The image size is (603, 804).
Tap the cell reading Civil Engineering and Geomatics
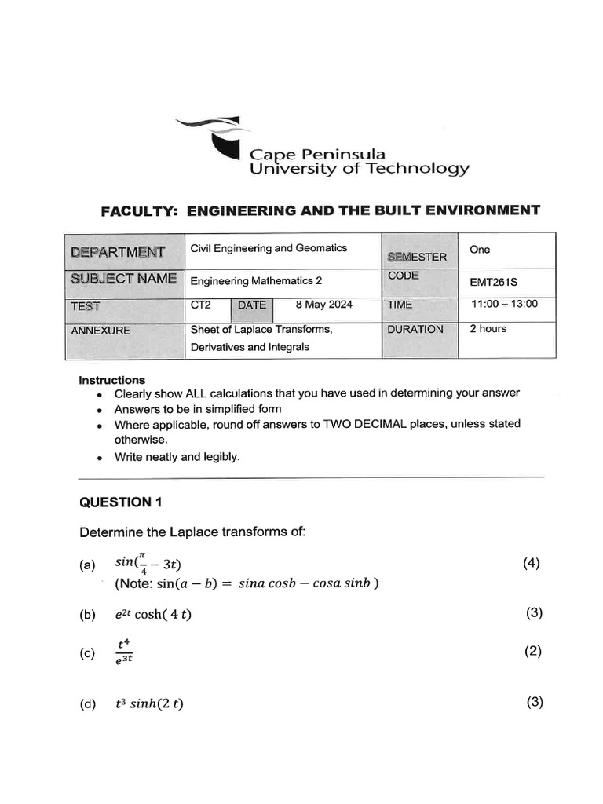(269, 248)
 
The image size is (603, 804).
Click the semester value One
(479, 250)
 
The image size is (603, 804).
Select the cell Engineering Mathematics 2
(256, 280)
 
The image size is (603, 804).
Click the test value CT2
(201, 305)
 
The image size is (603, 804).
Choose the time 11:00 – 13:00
(504, 304)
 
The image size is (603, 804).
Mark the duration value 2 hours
(488, 329)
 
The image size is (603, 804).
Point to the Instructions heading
(111, 380)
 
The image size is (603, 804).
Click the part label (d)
(87, 704)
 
